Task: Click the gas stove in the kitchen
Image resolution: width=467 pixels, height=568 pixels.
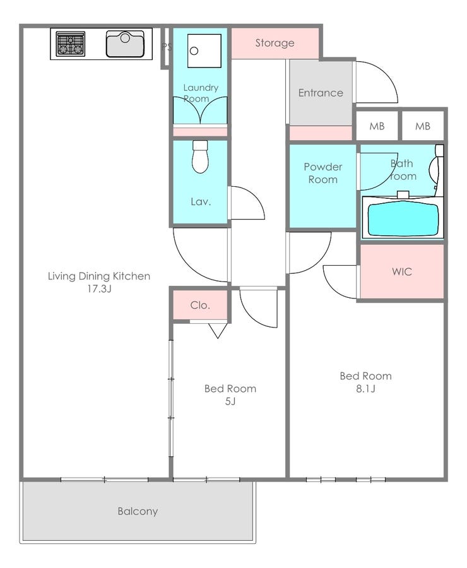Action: tap(71, 44)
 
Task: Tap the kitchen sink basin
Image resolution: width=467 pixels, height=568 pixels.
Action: tap(124, 44)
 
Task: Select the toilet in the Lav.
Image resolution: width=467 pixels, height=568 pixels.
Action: tap(200, 157)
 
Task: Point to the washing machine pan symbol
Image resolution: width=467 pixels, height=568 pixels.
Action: tap(204, 50)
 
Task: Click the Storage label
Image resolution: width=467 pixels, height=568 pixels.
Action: tap(275, 43)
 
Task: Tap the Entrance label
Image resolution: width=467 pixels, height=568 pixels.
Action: tap(320, 93)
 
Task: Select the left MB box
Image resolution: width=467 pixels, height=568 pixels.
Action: tap(377, 126)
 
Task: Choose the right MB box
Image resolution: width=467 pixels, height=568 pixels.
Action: tap(422, 126)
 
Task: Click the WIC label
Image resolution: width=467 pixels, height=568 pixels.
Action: tap(402, 271)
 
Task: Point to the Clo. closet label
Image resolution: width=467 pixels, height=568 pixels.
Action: tap(200, 305)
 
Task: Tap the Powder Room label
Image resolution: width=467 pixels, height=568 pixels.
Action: tap(323, 173)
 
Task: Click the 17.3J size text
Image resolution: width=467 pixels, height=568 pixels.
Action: tap(99, 288)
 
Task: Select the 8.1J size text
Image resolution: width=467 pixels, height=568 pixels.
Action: tap(365, 389)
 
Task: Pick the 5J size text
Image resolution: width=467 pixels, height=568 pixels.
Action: tap(230, 401)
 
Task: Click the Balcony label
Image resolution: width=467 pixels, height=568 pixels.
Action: tap(138, 511)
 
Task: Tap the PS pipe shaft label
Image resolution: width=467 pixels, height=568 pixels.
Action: tap(167, 47)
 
